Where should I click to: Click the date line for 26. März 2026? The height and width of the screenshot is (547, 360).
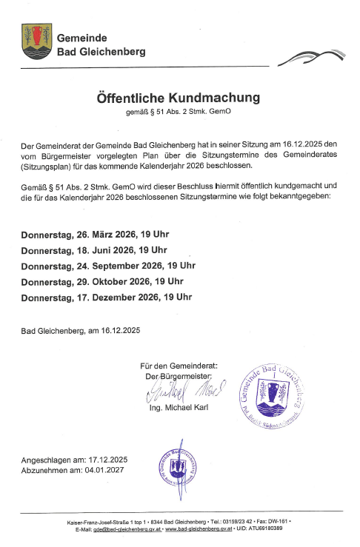pyautogui.click(x=96, y=234)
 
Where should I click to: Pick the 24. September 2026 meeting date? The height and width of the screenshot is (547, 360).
pyautogui.click(x=108, y=265)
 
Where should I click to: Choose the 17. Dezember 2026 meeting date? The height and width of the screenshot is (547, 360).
pyautogui.click(x=107, y=297)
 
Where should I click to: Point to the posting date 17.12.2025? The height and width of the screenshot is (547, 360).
pyautogui.click(x=108, y=460)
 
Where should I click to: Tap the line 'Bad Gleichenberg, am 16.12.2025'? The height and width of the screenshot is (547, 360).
pyautogui.click(x=80, y=330)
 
